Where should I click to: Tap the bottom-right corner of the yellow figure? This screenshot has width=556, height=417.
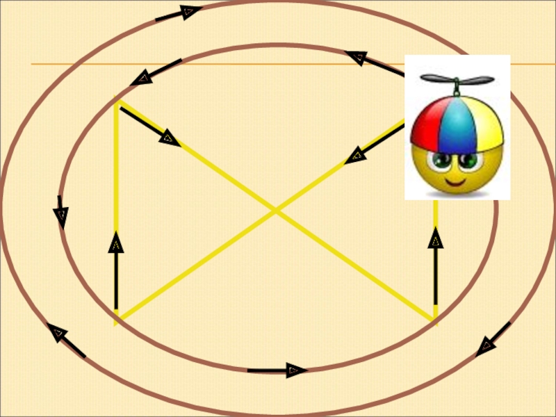(435, 321)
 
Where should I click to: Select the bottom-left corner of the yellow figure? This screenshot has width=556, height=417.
(116, 321)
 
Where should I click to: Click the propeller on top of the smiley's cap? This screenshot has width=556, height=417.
(457, 81)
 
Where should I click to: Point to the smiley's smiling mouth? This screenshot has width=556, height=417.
(455, 183)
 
